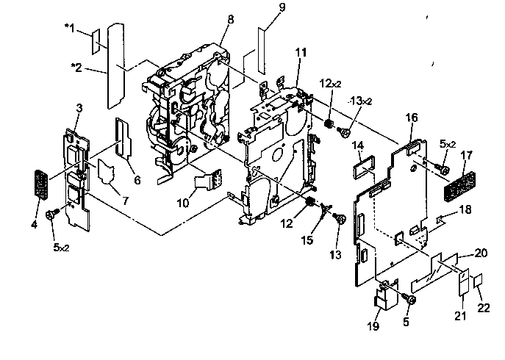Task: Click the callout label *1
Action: tap(69, 28)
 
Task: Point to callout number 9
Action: tap(262, 9)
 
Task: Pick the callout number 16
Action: tap(412, 117)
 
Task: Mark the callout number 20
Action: tap(481, 253)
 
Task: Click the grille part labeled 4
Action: tap(40, 184)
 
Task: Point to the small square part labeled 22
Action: tap(477, 281)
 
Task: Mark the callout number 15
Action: tap(308, 240)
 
